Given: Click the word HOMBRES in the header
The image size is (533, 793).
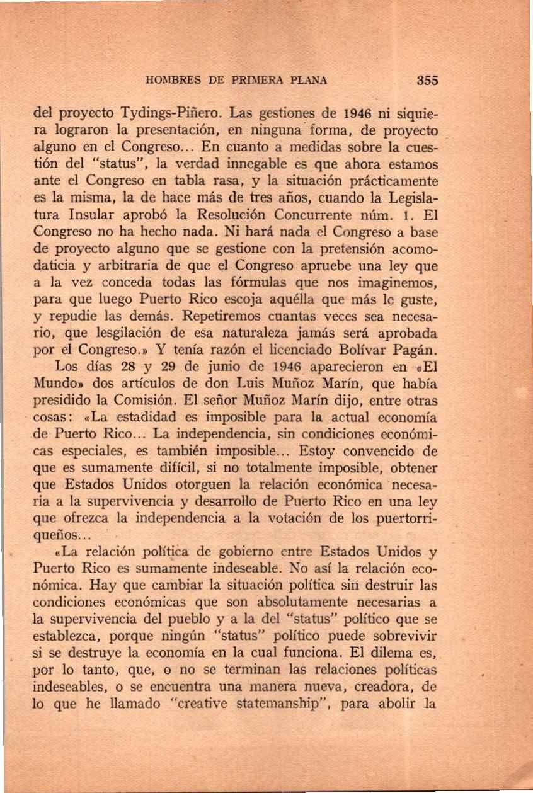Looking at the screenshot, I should pyautogui.click(x=168, y=80).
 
